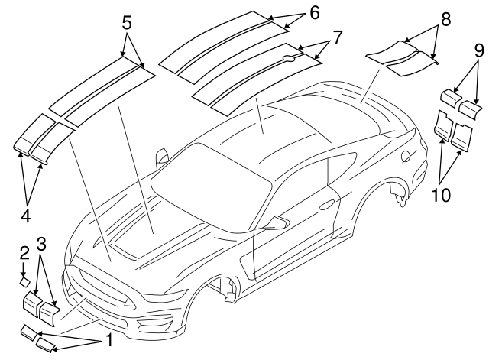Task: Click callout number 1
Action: tap(108, 339)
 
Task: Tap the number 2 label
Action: tap(24, 253)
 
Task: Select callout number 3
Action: tap(41, 244)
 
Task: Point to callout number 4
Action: tap(26, 216)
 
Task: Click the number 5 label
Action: tap(127, 23)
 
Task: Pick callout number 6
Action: tap(315, 13)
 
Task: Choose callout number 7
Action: tap(338, 37)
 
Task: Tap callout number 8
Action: tap(446, 19)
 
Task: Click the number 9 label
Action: tap(479, 50)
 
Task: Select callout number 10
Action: tap(441, 195)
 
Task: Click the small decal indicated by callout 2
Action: tap(25, 282)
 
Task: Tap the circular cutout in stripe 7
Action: tap(289, 58)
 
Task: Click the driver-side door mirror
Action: tap(278, 222)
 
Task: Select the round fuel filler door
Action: tap(406, 156)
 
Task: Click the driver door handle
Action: tap(326, 206)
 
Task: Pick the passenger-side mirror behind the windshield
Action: tap(162, 156)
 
